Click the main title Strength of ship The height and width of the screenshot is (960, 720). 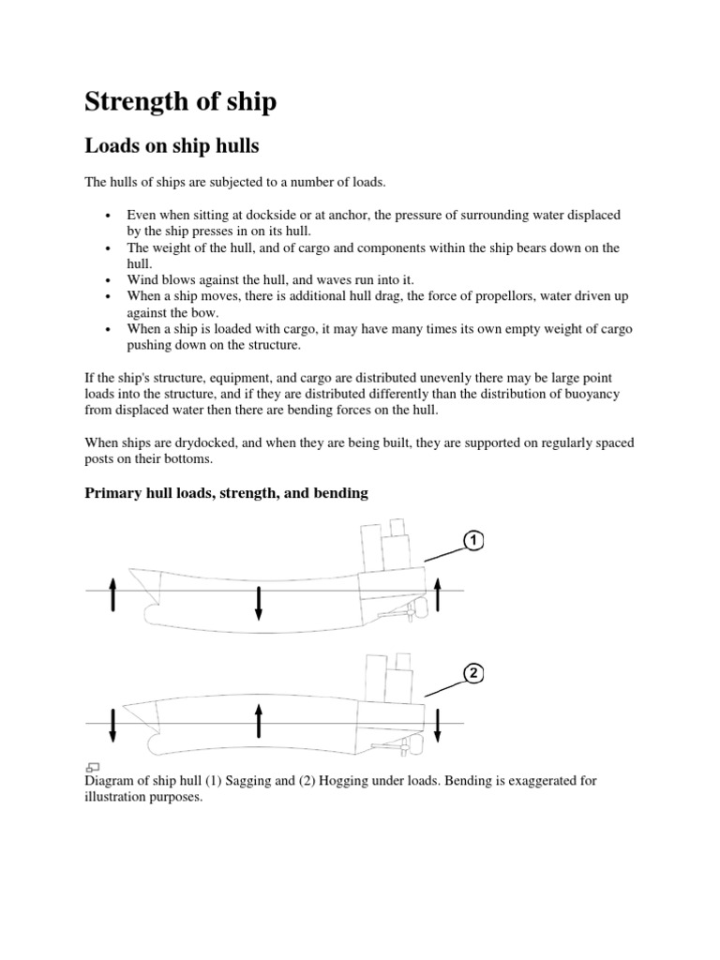pos(180,100)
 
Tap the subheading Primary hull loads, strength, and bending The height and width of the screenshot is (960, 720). pos(226,493)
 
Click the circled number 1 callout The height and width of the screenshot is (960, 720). pos(473,542)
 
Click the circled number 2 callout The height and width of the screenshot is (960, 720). pos(473,672)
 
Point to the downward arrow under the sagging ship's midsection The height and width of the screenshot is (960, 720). pos(259,604)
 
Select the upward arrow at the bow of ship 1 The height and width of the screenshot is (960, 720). pos(113,594)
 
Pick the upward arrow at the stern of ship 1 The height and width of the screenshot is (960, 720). pos(439,594)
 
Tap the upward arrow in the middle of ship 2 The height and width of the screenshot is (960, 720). pos(259,723)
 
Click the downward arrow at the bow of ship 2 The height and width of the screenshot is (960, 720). pos(113,726)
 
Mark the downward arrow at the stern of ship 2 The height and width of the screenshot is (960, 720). pos(439,726)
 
